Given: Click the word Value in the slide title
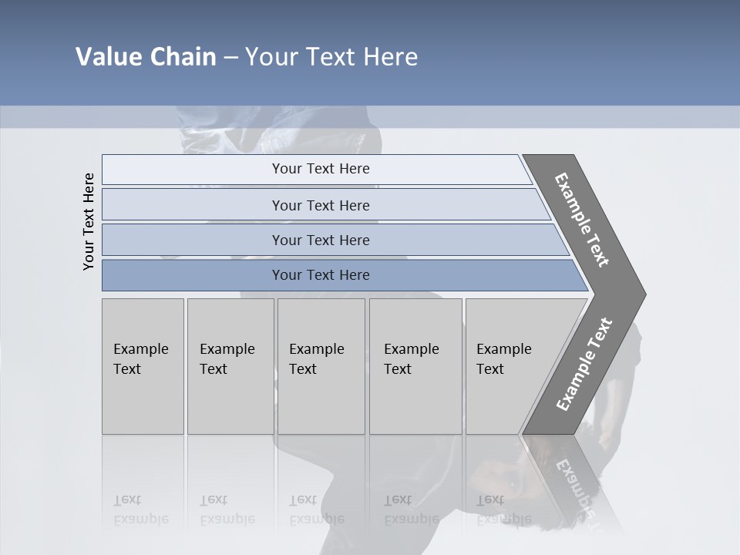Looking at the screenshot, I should click(107, 57).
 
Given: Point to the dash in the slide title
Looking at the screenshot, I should click(230, 58).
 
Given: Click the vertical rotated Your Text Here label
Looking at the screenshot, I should click(89, 221).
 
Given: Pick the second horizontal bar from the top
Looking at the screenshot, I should click(320, 205).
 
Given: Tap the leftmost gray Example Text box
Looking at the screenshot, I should click(143, 365).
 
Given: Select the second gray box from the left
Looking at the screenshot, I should click(230, 365).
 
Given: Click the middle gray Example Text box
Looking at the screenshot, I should click(321, 365).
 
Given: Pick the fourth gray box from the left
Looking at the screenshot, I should click(415, 365).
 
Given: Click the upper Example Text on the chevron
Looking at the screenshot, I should click(582, 220).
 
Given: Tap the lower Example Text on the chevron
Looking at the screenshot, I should click(584, 365).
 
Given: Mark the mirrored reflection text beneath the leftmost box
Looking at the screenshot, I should click(140, 510).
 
